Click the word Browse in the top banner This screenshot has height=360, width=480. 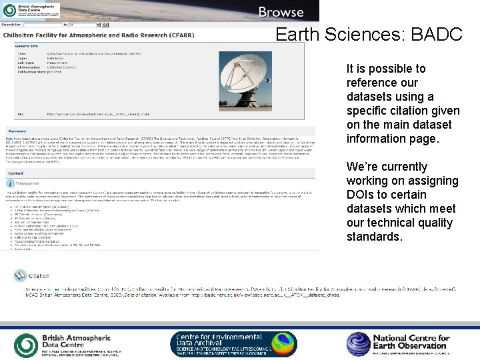[281, 12]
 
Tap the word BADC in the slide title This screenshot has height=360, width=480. [437, 35]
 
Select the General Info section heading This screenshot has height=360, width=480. [27, 46]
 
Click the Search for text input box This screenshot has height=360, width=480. [47, 25]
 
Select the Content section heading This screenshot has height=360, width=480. [15, 173]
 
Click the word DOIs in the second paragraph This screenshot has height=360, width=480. [361, 195]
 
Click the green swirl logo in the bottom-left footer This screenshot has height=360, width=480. [26, 345]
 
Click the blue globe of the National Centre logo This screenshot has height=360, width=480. [358, 344]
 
